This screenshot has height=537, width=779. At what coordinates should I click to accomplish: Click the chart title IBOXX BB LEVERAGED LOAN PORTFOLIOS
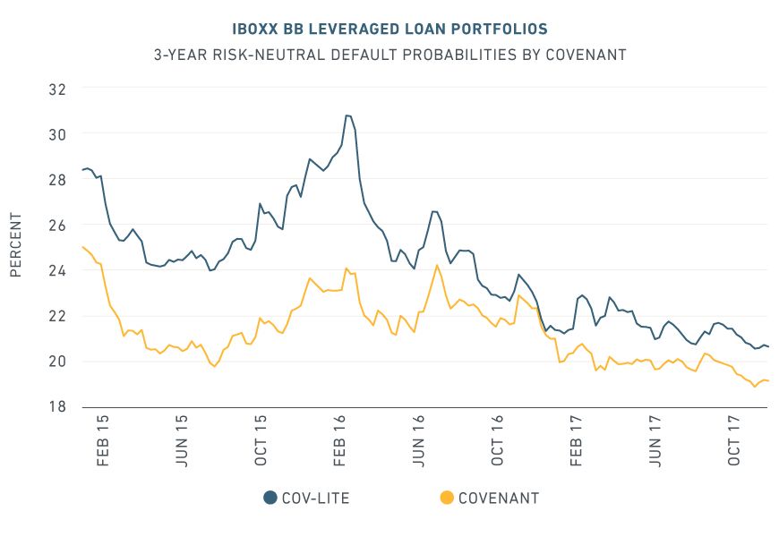click(x=389, y=30)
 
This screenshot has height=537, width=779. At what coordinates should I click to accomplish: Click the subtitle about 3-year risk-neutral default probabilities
click(x=389, y=55)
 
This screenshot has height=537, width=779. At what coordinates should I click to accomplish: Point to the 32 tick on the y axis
click(x=57, y=89)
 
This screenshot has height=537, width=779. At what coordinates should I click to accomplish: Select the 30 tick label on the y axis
click(x=57, y=133)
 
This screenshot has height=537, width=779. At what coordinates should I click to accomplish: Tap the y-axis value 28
click(x=57, y=180)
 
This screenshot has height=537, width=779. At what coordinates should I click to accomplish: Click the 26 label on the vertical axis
click(x=57, y=225)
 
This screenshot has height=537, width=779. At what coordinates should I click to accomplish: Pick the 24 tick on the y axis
click(x=57, y=270)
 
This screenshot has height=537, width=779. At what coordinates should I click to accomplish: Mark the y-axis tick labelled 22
click(x=57, y=316)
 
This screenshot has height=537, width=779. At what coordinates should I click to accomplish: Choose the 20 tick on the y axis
click(x=57, y=362)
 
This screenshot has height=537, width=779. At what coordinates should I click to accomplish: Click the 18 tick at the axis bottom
click(x=57, y=406)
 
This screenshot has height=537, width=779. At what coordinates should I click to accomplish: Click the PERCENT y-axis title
click(x=15, y=245)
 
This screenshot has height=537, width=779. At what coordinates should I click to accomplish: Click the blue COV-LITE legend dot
click(x=270, y=498)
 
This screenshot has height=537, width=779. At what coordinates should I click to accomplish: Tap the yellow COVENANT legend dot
click(x=447, y=498)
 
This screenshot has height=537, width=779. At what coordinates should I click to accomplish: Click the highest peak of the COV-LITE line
click(x=347, y=115)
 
